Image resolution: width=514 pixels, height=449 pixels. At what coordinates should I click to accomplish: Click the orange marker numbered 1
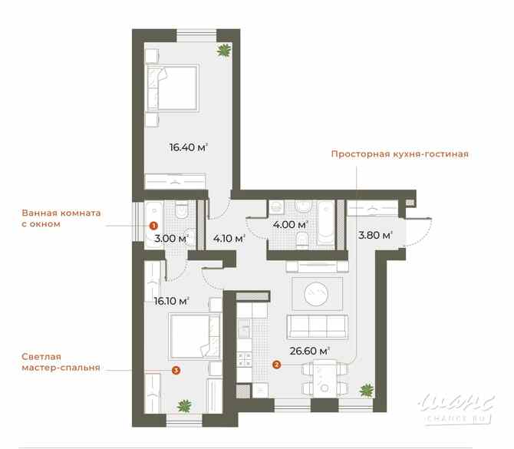point(153,226)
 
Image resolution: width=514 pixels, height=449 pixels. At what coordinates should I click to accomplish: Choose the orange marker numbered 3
point(176,370)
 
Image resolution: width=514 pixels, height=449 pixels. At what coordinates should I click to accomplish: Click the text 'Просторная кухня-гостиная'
point(399,154)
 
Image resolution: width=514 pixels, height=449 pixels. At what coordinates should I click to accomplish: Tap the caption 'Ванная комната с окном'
point(61,219)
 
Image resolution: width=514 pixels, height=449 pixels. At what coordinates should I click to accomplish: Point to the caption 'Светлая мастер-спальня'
point(60,362)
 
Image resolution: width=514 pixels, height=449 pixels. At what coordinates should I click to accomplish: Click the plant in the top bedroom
point(224,51)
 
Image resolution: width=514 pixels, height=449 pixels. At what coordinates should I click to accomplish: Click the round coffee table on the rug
point(316,291)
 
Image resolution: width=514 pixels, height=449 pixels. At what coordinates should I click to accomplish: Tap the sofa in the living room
point(315,325)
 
